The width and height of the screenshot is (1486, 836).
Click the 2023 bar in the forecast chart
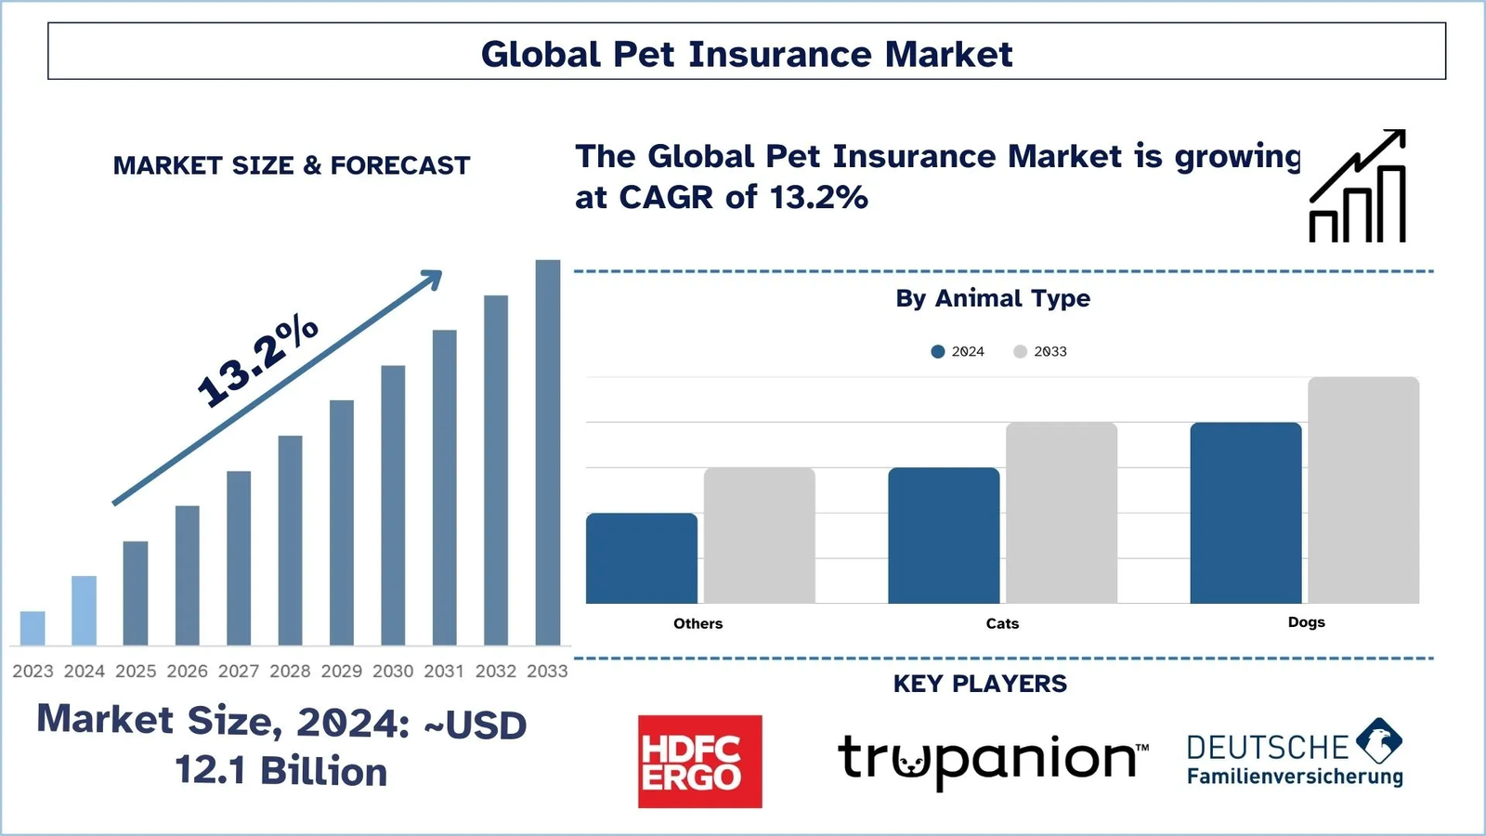[33, 628]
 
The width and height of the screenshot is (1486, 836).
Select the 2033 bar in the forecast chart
[548, 452]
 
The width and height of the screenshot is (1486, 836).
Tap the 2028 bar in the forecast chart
[290, 540]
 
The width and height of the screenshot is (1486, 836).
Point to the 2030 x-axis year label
[393, 672]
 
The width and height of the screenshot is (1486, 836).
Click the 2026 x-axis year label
[187, 672]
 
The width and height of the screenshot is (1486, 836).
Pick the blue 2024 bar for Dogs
[1245, 513]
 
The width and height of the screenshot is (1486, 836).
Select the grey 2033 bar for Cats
[1062, 513]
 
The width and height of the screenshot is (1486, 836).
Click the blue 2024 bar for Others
[642, 558]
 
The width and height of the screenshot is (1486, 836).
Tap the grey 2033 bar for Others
[760, 535]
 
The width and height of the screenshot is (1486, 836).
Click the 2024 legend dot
[937, 352]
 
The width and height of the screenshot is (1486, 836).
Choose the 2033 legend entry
[1040, 352]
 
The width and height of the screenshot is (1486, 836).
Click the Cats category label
[1002, 623]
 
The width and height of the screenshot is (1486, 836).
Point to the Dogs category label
[1306, 622]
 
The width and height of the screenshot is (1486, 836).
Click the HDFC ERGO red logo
[700, 762]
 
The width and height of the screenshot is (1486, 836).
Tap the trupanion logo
[993, 761]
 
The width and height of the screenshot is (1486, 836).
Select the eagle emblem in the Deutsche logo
[1379, 740]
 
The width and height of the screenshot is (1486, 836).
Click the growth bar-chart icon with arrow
[1357, 186]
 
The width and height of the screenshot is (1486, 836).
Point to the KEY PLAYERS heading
[980, 684]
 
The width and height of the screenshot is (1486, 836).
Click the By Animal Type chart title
[993, 298]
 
